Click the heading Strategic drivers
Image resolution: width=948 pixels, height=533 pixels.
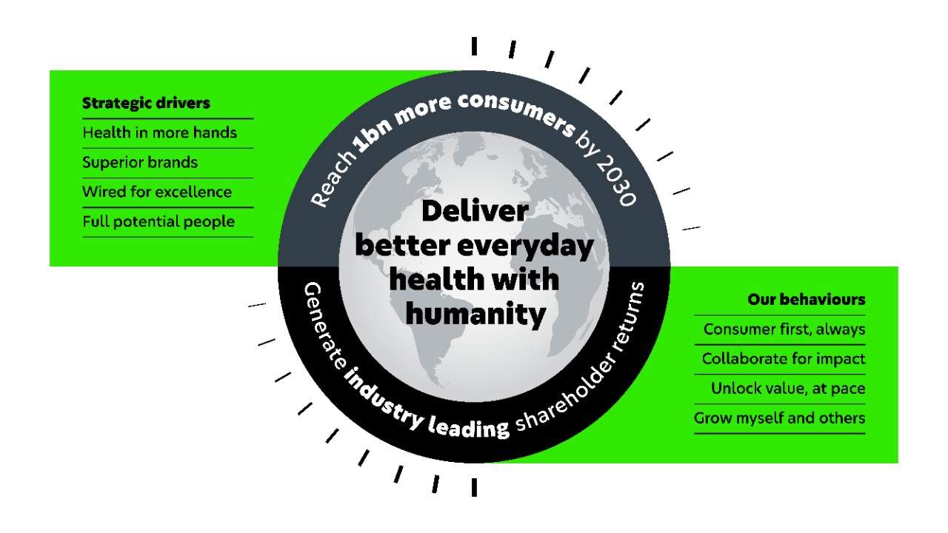click(x=146, y=103)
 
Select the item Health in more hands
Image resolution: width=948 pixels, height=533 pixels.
click(x=159, y=133)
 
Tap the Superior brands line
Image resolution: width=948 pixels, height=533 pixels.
click(x=140, y=162)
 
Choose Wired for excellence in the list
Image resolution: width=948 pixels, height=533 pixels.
click(x=157, y=192)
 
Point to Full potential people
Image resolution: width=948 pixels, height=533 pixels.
click(x=158, y=221)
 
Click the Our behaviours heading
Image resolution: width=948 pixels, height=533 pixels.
click(x=806, y=300)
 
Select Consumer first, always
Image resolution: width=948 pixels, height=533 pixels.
click(x=784, y=329)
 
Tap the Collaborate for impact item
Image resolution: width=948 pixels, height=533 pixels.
click(x=783, y=359)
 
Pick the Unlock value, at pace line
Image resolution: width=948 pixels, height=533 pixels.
click(x=787, y=388)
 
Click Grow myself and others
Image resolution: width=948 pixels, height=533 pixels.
click(x=779, y=418)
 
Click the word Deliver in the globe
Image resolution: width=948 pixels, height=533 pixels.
click(x=475, y=211)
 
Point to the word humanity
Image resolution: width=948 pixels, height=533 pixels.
click(x=475, y=315)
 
